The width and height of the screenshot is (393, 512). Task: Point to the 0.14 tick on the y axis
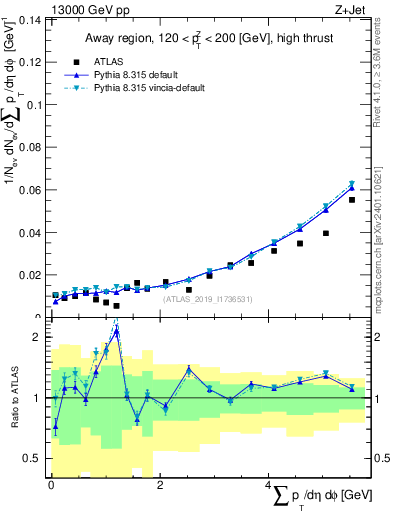point(31,20)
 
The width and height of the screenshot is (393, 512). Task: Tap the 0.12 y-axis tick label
point(31,62)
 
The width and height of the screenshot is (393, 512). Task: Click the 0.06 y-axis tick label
point(31,190)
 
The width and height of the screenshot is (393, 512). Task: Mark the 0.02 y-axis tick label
point(31,275)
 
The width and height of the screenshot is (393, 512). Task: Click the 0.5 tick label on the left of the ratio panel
point(34,459)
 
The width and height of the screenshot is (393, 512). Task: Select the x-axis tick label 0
point(51,485)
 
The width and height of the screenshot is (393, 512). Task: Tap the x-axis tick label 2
point(160,485)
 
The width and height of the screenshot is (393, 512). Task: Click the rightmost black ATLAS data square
point(352,200)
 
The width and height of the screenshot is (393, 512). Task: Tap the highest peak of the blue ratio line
point(117,332)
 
